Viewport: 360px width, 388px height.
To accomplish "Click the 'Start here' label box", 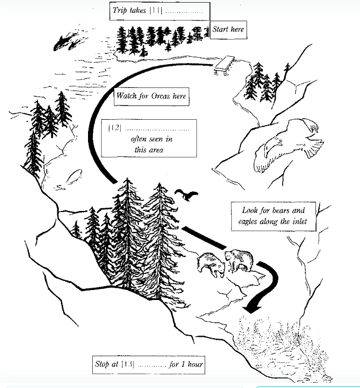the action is coord(229,30).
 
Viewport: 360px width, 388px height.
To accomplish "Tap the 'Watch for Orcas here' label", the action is coord(151,96).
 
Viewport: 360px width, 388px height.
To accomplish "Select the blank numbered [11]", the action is coord(184,11).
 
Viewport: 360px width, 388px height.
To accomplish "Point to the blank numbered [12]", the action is coord(157,129).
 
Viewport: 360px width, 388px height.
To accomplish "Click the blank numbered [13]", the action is coord(152,365).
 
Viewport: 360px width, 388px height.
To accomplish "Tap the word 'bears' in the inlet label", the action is coord(281,210).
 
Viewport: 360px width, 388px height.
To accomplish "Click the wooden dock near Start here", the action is coord(224,65).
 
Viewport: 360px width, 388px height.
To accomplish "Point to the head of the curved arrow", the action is coord(252,309).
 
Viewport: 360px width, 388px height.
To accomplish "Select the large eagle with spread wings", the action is coord(288,145).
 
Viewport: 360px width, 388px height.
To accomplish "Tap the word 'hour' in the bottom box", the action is coord(195,364).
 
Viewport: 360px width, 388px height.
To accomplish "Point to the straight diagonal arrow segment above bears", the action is coord(204,237).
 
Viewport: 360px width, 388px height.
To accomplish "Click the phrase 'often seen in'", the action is coord(152,139).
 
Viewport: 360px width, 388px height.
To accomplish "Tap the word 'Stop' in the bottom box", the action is coord(102,364).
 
